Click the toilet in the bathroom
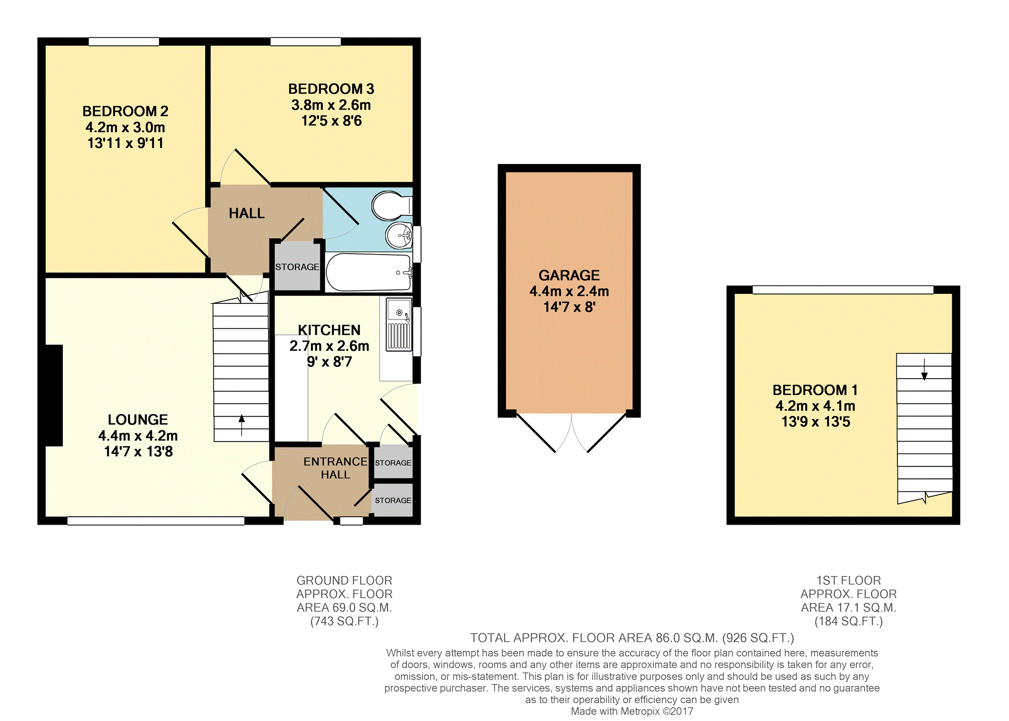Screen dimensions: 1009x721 [392, 205]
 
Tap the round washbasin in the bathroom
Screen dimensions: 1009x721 [399, 235]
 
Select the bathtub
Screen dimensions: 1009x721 [369, 272]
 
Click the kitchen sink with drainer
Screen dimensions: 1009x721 [399, 324]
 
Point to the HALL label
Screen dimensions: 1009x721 [247, 213]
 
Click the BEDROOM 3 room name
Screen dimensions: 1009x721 [331, 89]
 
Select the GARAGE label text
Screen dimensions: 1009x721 [569, 275]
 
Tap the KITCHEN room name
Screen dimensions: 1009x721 [329, 330]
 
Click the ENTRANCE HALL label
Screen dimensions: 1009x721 [335, 468]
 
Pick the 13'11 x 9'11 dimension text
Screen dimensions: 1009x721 [126, 143]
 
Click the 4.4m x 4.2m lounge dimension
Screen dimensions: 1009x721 [138, 435]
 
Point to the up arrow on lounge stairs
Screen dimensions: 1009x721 [242, 425]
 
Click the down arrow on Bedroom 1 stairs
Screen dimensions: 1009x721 [924, 369]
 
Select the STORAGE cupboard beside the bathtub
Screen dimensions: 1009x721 [297, 267]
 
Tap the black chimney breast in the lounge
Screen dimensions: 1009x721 [54, 395]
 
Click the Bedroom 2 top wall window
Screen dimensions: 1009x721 [124, 41]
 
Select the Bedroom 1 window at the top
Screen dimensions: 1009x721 [843, 289]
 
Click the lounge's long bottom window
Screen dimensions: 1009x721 [156, 521]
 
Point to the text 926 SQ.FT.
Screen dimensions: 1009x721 [758, 638]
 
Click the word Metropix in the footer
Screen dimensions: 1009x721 [640, 711]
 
